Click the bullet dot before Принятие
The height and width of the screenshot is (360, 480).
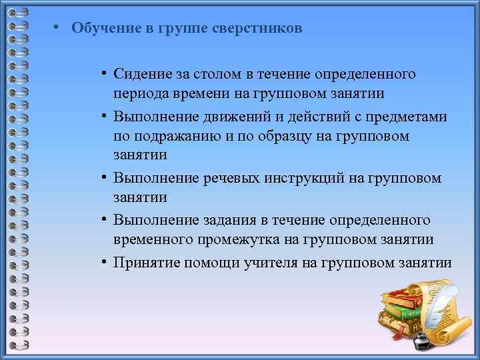(105, 263)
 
